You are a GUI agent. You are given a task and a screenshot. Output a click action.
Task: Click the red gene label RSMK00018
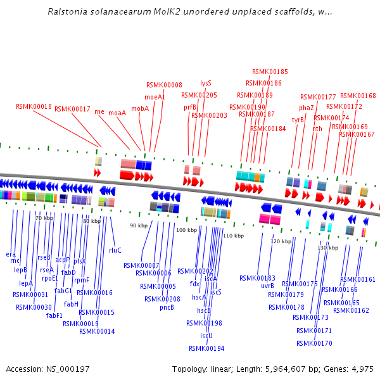(x=34, y=106)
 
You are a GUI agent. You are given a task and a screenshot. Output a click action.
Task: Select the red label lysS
(x=206, y=83)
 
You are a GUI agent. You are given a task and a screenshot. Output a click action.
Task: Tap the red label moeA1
(x=155, y=98)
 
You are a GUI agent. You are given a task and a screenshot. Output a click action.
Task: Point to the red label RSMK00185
(x=270, y=72)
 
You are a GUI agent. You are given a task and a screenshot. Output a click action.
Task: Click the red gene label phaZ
(x=307, y=108)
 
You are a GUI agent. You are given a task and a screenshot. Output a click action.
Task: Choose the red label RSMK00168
(x=358, y=96)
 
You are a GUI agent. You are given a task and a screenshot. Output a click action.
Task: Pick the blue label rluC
(x=115, y=250)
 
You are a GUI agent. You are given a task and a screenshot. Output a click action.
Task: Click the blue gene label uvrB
(x=267, y=286)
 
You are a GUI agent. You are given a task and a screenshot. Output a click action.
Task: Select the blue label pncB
(x=167, y=308)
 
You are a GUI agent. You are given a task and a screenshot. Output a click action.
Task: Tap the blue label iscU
(x=206, y=336)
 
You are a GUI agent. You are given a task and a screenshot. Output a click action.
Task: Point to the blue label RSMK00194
(x=206, y=348)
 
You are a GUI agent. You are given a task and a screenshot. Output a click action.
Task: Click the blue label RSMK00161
(x=358, y=279)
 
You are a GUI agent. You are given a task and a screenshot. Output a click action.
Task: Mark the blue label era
(x=11, y=254)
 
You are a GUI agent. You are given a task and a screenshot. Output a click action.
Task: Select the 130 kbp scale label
(x=327, y=248)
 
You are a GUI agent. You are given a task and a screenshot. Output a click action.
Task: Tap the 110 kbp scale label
(x=233, y=236)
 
